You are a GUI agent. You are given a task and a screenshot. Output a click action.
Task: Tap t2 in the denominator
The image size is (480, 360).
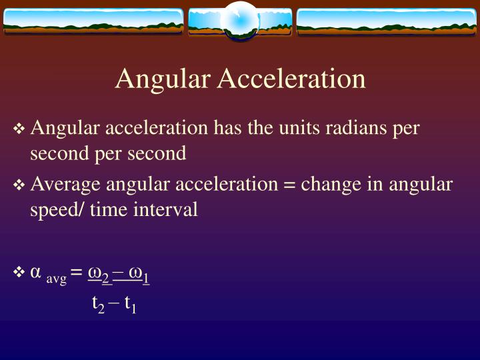tap(98, 305)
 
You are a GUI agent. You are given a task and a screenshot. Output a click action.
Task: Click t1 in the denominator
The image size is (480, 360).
tap(130, 305)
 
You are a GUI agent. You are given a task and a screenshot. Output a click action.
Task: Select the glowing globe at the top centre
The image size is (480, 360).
tap(239, 21)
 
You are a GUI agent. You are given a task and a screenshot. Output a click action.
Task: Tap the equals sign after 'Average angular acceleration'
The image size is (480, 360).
tap(289, 185)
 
